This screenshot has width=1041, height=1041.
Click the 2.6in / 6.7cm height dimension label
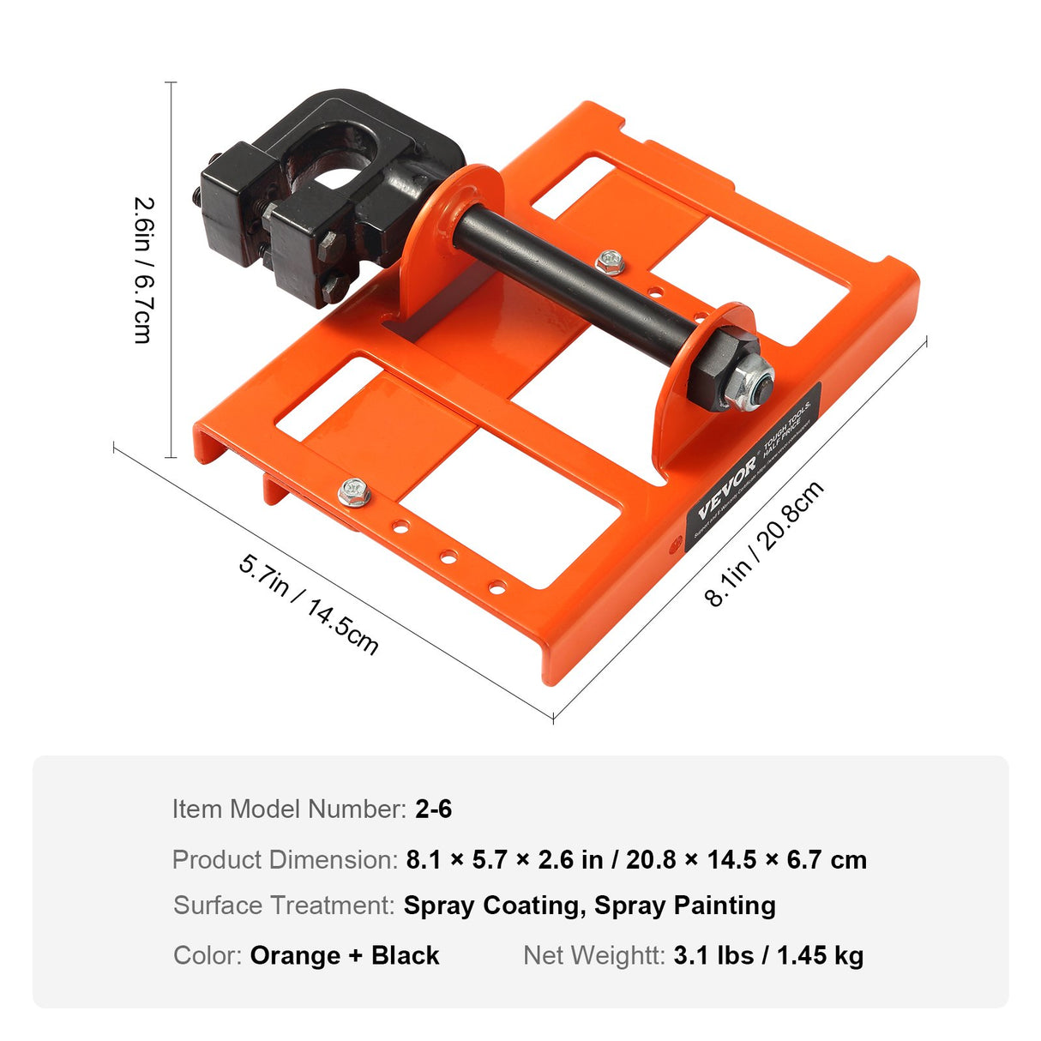click(x=143, y=270)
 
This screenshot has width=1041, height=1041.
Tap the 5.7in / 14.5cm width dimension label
click(x=308, y=603)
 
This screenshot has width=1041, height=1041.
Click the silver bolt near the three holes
click(x=352, y=491)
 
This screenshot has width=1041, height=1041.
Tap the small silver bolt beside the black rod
click(x=611, y=262)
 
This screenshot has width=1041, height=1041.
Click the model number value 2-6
click(x=433, y=809)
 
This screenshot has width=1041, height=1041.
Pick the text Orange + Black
click(x=344, y=955)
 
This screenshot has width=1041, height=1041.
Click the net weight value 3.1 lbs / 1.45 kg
click(x=768, y=955)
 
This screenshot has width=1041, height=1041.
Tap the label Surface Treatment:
click(x=284, y=906)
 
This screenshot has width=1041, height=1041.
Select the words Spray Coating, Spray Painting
click(x=589, y=906)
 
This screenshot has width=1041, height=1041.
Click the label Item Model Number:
click(x=289, y=809)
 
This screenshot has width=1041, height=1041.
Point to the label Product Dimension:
click(x=285, y=859)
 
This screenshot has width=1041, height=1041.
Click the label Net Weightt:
click(x=593, y=955)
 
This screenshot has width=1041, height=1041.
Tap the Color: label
click(x=208, y=955)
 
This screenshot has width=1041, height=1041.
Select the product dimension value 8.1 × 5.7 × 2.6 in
click(x=504, y=859)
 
